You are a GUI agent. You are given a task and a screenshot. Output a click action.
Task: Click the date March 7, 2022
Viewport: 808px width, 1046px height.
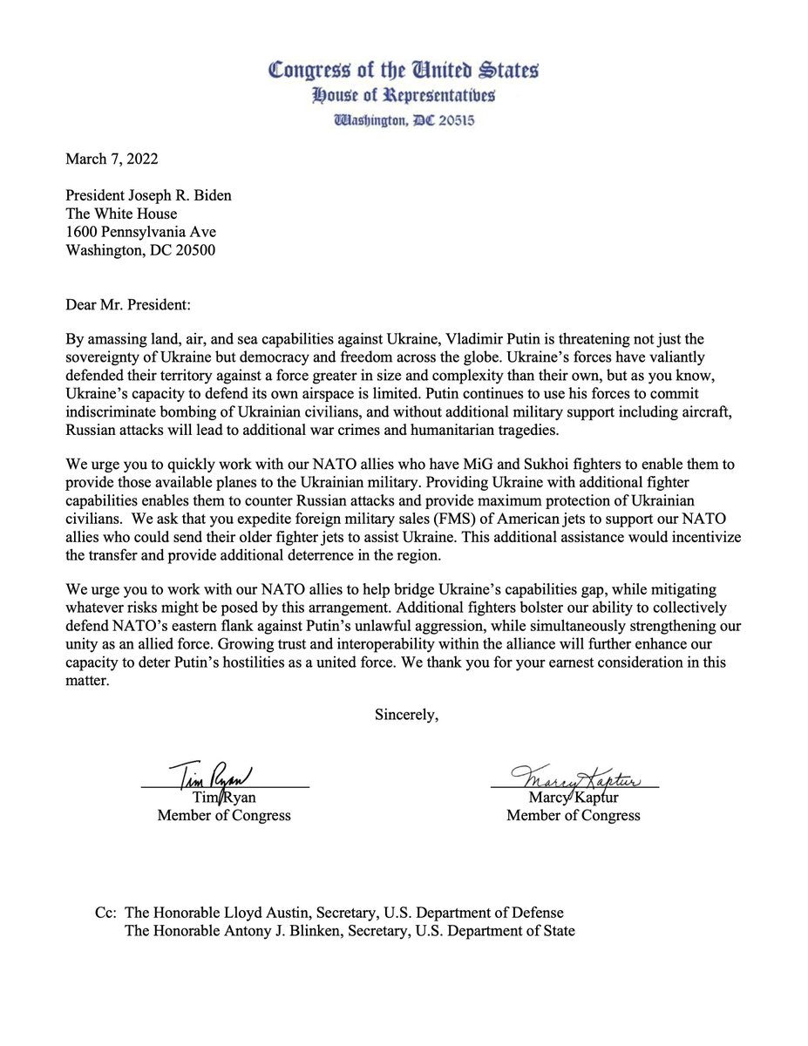click(x=112, y=158)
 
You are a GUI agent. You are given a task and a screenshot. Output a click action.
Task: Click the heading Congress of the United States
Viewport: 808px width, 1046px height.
click(x=403, y=70)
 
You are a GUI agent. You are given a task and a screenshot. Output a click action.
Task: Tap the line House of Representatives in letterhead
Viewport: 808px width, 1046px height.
click(x=403, y=96)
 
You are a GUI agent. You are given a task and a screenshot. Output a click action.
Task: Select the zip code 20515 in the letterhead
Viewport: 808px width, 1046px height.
click(x=453, y=121)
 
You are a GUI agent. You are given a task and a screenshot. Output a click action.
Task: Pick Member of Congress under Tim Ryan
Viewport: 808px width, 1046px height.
click(x=224, y=816)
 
